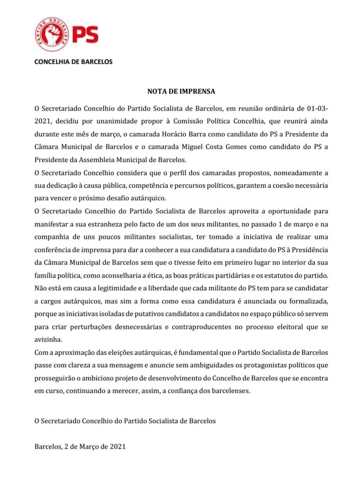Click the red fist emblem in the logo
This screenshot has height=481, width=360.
point(52,35)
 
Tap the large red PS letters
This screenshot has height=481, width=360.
point(85,35)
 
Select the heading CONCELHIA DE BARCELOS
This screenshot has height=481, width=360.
point(73,62)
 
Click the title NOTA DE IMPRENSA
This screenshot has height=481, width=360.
point(181,92)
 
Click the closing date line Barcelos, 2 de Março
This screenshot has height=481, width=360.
point(80,446)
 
